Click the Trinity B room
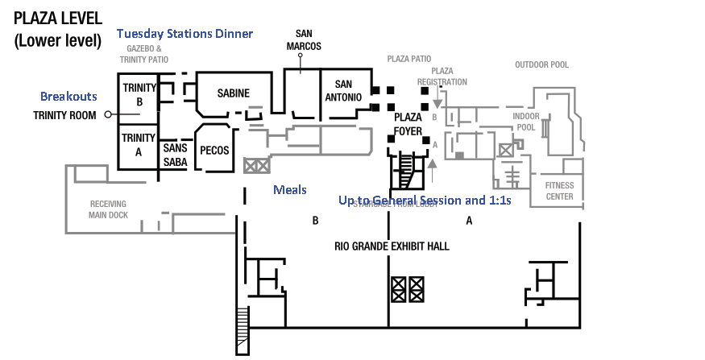point(139,96)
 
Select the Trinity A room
point(139,143)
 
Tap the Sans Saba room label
point(175,155)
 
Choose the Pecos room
point(214,150)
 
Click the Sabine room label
point(234,93)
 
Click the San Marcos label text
point(304,39)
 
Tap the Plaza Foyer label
point(408,124)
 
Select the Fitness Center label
point(560,191)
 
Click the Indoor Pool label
point(526,122)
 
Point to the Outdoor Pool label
point(542,64)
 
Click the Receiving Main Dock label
point(108,209)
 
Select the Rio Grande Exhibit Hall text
point(392,246)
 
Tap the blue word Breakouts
point(68,94)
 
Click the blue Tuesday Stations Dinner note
point(185,34)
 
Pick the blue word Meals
point(290,189)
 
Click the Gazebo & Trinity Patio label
point(144,53)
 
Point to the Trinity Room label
point(64,115)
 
